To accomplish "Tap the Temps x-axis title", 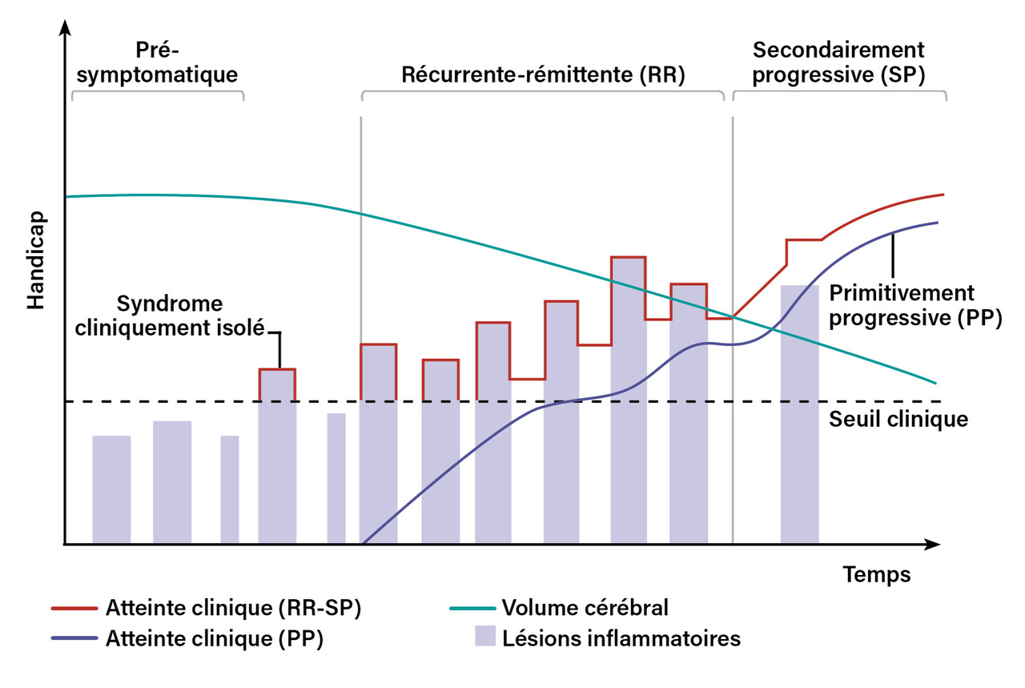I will tap(876, 574).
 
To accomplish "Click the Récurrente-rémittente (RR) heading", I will tap(544, 75).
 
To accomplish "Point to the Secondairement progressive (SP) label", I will tap(839, 62).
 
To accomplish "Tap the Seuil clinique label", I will tap(898, 419).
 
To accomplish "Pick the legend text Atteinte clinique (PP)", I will tap(214, 640).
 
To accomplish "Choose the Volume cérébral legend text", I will tap(585, 608).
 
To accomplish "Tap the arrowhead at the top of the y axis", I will tap(64, 29).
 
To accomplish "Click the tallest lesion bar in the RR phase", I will tap(629, 400).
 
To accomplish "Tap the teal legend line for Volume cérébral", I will tap(471, 608).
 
